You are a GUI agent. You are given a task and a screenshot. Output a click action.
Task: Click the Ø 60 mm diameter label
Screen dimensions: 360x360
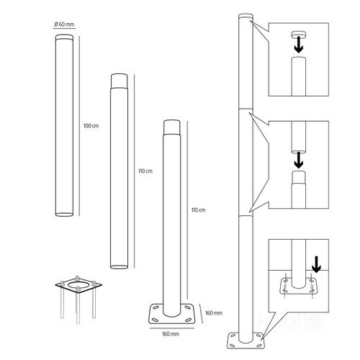(64, 24)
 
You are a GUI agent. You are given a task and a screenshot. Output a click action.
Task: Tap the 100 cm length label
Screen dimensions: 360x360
(91, 126)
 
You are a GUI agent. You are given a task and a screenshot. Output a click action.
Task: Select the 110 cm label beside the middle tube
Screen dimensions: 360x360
(145, 171)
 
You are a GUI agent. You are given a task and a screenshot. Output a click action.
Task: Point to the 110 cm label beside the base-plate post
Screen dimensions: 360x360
(199, 210)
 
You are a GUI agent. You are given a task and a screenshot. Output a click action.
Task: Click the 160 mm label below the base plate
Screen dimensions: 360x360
(171, 334)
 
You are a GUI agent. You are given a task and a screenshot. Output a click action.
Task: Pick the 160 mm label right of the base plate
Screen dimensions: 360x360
(214, 313)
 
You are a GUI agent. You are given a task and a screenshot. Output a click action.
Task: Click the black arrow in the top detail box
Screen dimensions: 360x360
(299, 45)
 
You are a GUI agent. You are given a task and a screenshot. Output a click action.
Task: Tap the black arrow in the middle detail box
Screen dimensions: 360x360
(299, 160)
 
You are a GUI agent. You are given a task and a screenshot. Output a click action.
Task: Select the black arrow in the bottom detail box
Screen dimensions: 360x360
(317, 264)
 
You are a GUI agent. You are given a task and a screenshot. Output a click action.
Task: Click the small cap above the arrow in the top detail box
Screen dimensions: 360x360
(299, 35)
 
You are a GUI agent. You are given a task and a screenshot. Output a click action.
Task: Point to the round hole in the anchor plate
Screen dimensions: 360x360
(78, 284)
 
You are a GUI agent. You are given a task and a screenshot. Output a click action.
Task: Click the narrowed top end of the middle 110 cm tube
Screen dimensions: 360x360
(119, 81)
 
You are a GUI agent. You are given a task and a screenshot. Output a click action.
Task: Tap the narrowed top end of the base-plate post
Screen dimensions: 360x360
(171, 127)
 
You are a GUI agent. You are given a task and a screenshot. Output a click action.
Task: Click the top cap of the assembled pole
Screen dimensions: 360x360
(246, 17)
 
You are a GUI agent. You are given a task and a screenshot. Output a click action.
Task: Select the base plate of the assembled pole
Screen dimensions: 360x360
(246, 341)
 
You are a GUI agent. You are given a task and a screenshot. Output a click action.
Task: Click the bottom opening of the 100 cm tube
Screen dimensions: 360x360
(64, 214)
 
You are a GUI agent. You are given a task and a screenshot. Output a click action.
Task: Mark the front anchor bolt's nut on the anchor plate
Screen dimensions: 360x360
(78, 289)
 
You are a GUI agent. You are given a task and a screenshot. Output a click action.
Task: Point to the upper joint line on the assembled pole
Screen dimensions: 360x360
(246, 109)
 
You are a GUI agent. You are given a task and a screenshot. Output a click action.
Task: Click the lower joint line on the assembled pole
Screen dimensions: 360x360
(246, 216)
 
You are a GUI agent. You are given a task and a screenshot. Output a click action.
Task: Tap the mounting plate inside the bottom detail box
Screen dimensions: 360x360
(298, 287)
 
